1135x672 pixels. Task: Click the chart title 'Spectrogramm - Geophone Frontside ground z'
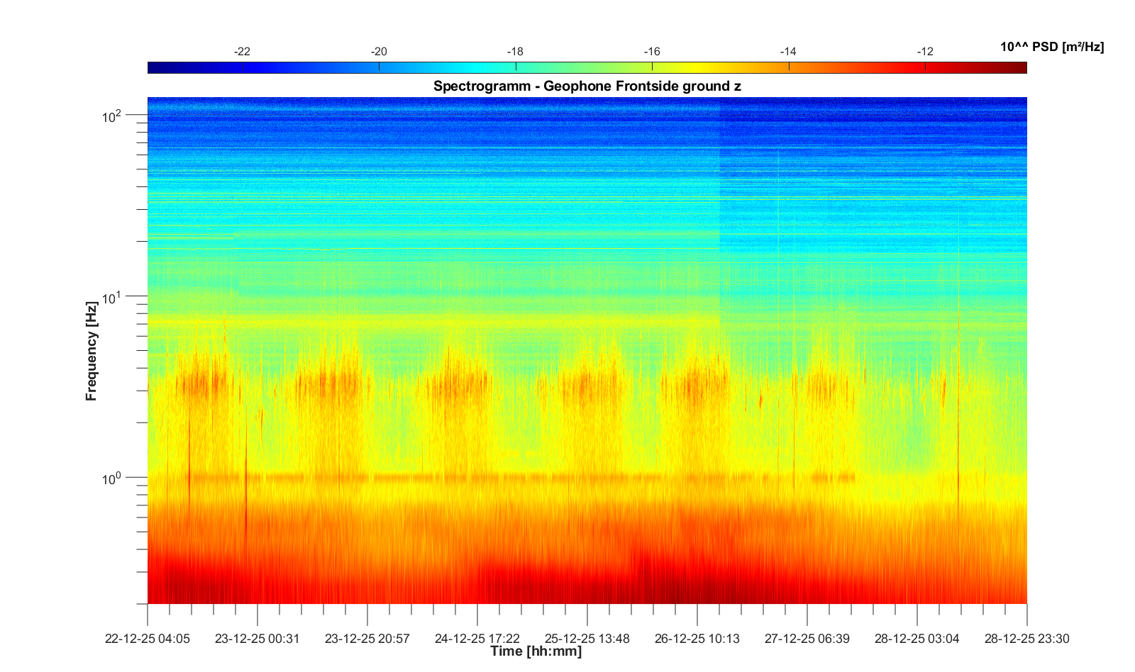coord(587,86)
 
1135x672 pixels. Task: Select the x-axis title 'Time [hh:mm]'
coord(536,651)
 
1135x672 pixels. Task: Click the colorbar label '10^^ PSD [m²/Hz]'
coord(1052,47)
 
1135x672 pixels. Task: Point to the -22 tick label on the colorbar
coord(242,52)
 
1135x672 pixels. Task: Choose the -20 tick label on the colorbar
coord(379,52)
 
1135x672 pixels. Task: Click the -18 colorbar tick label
coord(515,52)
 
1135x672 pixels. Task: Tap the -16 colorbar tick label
coord(652,52)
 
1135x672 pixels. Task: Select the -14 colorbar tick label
coord(788,52)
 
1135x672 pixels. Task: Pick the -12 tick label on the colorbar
coord(925,52)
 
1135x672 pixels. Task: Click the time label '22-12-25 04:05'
coord(148,639)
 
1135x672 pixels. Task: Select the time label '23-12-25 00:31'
coord(258,639)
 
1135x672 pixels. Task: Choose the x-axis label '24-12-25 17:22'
coord(477,639)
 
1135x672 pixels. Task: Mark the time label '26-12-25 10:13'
coord(697,639)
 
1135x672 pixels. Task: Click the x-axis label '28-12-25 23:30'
coord(1026,639)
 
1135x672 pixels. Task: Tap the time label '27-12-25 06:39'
coord(807,639)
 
